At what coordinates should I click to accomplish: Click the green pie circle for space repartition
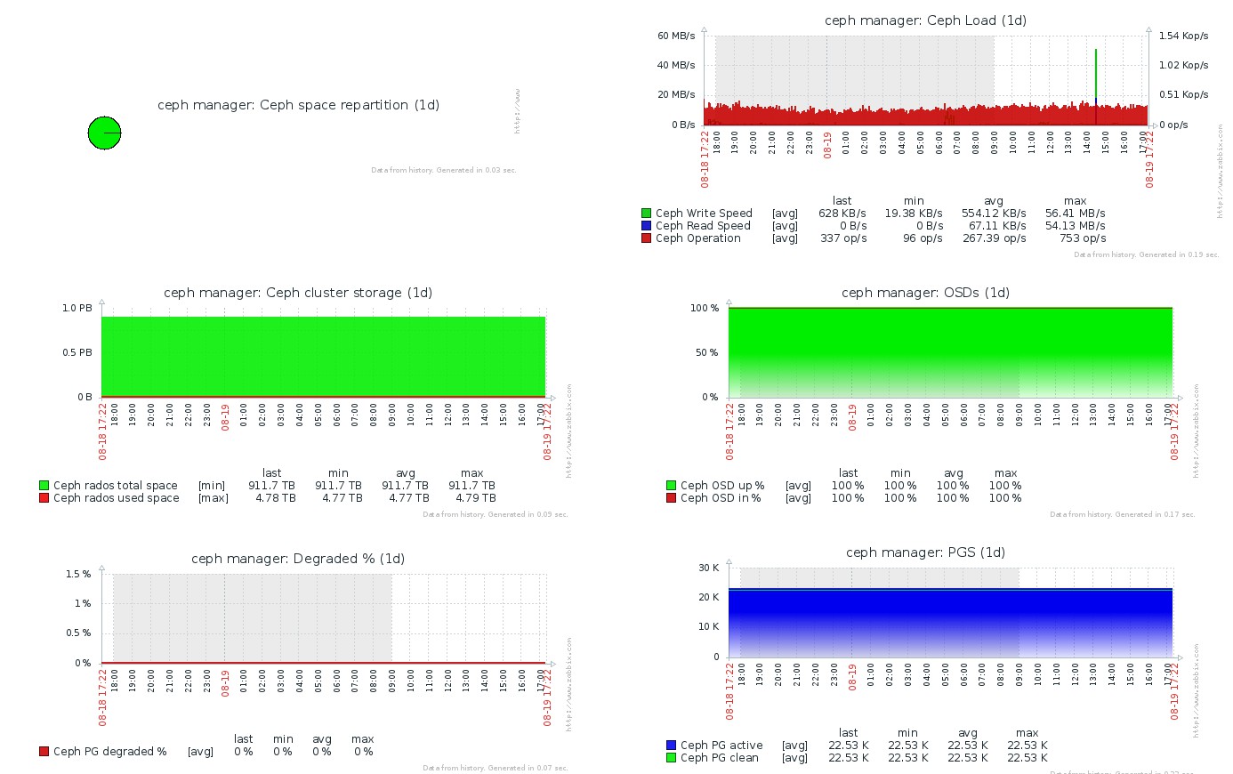tap(104, 133)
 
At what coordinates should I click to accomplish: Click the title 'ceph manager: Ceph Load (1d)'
tap(925, 20)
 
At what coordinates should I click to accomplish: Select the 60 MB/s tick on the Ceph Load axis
tap(676, 36)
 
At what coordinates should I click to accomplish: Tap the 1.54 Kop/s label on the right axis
tap(1183, 36)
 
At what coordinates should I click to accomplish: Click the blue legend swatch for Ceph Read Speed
tap(646, 226)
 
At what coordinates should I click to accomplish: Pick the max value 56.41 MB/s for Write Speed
tap(1075, 214)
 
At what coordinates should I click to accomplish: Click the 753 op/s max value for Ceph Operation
tap(1083, 238)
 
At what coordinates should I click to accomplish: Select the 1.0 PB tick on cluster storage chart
tap(77, 309)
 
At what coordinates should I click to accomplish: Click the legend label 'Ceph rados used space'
tap(117, 498)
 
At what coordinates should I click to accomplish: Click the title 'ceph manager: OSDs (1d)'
tap(925, 293)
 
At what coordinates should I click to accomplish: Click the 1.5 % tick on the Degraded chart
tap(78, 575)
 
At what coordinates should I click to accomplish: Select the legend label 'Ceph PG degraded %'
tap(110, 752)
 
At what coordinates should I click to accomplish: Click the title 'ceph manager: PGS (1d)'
tap(925, 552)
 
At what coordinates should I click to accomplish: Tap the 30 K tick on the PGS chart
tap(709, 568)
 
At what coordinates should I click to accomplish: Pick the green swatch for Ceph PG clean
tap(671, 758)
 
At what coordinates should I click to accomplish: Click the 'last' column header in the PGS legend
tap(848, 733)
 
